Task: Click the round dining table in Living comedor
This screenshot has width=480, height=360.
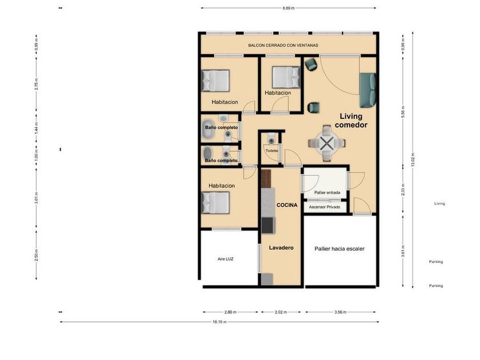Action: [x=327, y=143]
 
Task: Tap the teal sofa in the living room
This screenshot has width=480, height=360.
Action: [x=367, y=90]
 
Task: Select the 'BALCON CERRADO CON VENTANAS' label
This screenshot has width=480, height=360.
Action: [x=283, y=45]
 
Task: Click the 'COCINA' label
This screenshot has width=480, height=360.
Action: [x=287, y=205]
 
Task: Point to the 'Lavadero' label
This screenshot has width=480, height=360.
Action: [x=281, y=247]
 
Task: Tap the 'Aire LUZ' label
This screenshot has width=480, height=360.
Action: [x=225, y=259]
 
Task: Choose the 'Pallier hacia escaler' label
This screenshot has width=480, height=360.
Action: [x=339, y=249]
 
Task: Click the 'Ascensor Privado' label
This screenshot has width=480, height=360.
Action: [x=325, y=207]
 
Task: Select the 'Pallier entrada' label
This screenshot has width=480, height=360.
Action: [x=327, y=193]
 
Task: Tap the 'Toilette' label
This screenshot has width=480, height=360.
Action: [x=272, y=151]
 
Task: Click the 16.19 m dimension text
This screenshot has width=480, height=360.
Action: [x=219, y=322]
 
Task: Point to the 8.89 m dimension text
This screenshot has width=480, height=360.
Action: [x=289, y=8]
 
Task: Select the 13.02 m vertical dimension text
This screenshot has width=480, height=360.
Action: [x=413, y=159]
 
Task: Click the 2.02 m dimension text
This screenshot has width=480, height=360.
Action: [x=281, y=312]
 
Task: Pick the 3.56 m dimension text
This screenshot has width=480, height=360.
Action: [x=341, y=312]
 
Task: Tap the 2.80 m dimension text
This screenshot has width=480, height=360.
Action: [x=230, y=312]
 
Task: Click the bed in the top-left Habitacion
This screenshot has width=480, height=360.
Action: [x=215, y=81]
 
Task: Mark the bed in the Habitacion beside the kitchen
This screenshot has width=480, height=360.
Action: [x=215, y=203]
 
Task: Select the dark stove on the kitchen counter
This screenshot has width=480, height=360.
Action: [x=268, y=225]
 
